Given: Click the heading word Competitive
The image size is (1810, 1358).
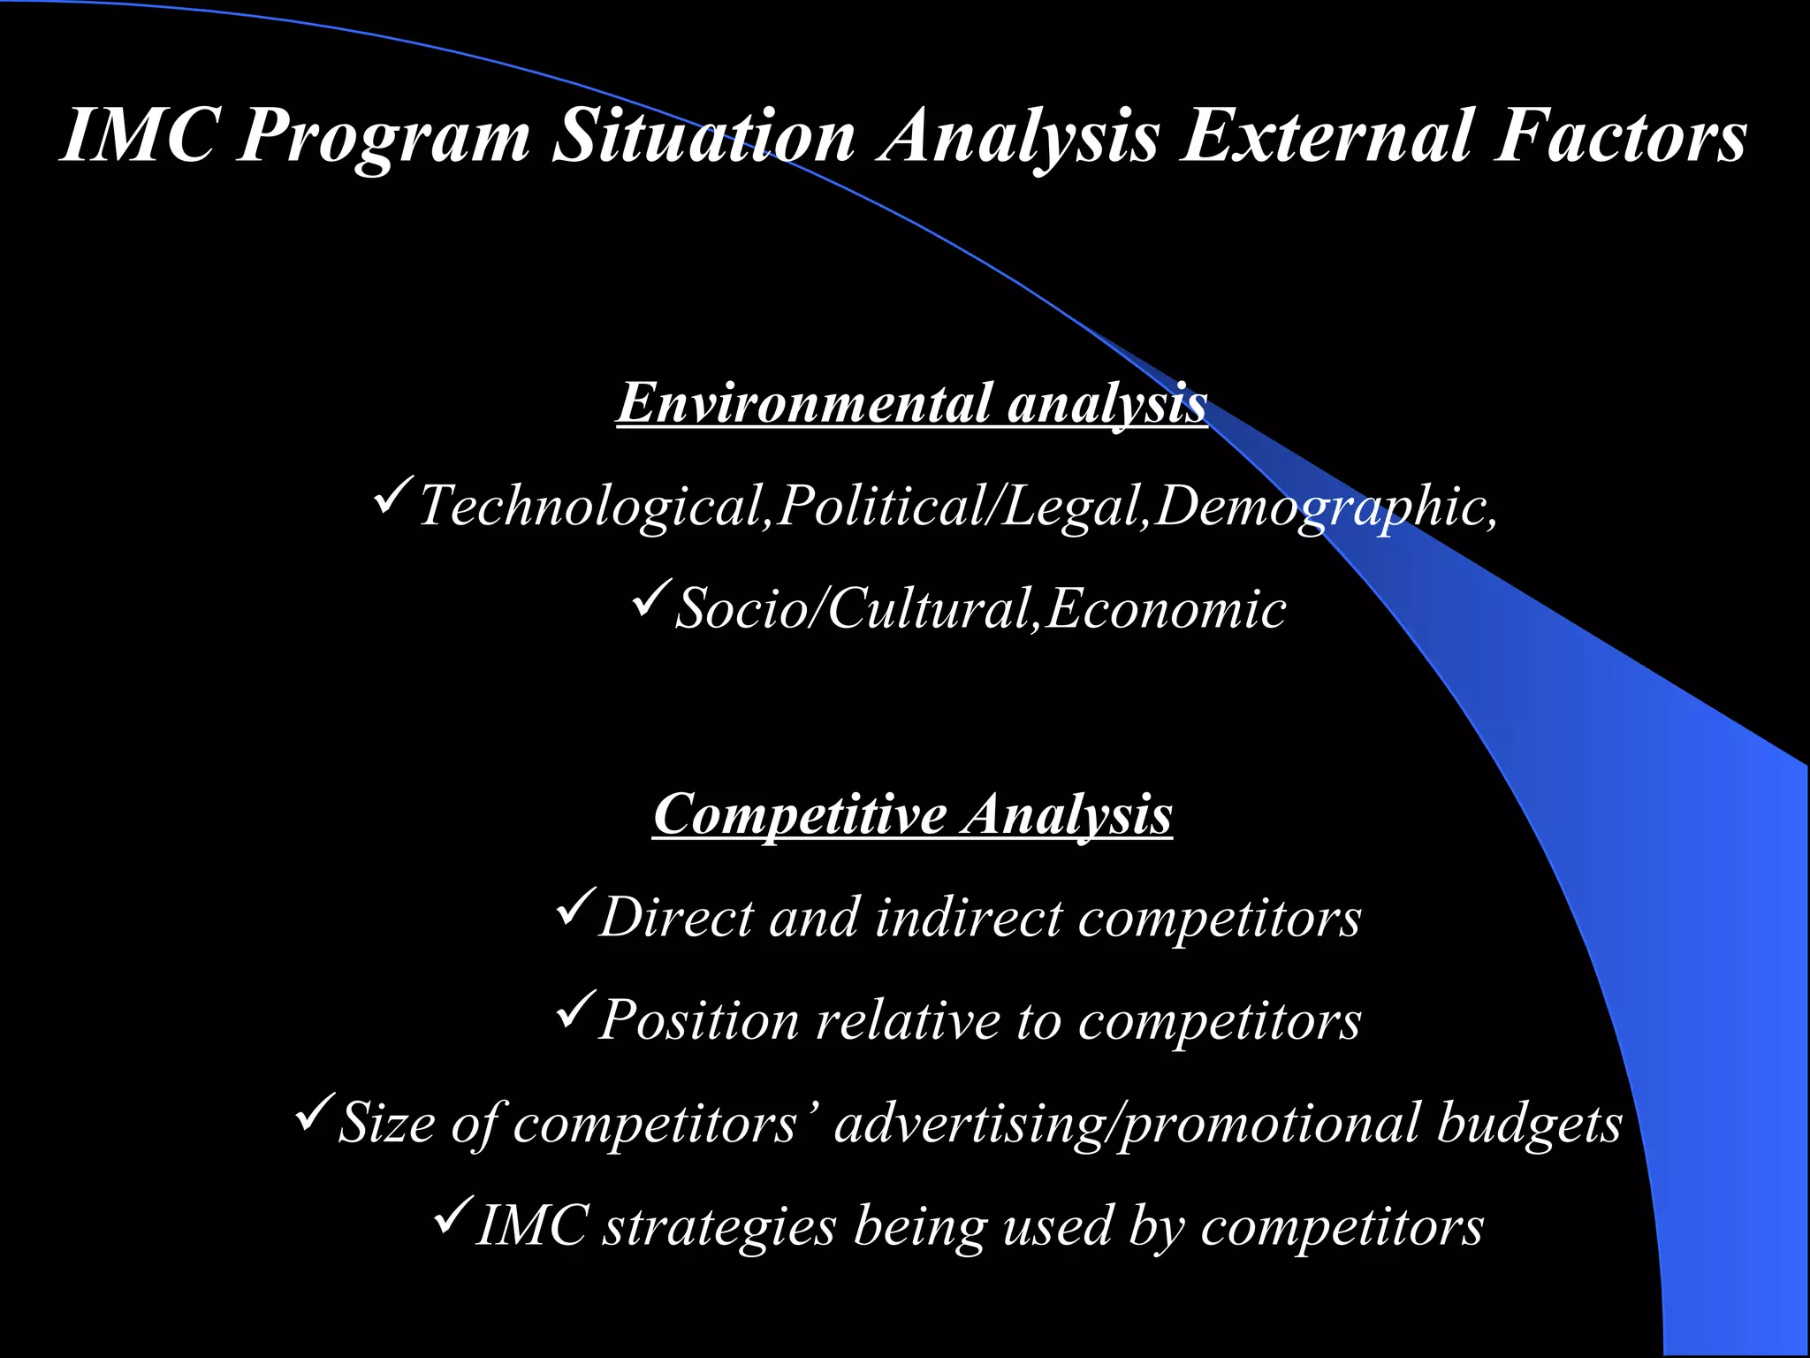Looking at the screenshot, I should (799, 814).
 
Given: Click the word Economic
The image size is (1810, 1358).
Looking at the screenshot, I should (1165, 610).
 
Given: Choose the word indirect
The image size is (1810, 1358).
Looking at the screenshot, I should (968, 919).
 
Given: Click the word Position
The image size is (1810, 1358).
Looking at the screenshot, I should (698, 1021).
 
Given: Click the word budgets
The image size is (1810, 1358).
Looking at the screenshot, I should (1528, 1125).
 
